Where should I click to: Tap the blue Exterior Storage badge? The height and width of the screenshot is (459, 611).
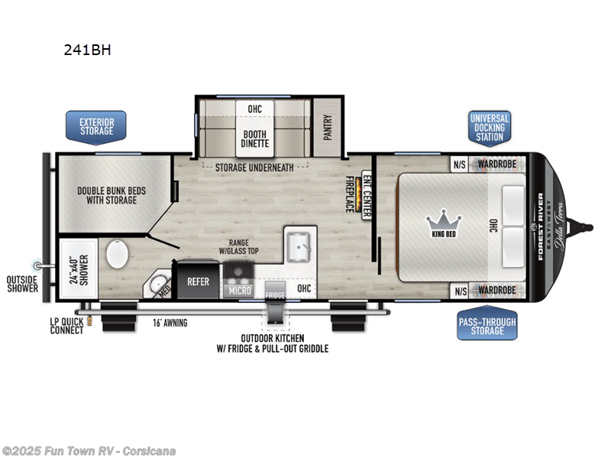96,125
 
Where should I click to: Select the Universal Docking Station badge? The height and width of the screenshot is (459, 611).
489,127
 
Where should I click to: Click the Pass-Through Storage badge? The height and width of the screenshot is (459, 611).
487,325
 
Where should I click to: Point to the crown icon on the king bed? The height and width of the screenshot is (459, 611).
441,219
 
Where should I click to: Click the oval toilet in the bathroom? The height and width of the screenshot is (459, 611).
118,254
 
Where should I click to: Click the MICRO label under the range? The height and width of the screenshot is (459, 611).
239,291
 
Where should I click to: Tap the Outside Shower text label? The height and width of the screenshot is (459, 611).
23,284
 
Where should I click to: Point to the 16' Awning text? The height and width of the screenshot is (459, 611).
169,323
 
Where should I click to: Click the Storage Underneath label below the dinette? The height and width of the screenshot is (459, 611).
257,168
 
